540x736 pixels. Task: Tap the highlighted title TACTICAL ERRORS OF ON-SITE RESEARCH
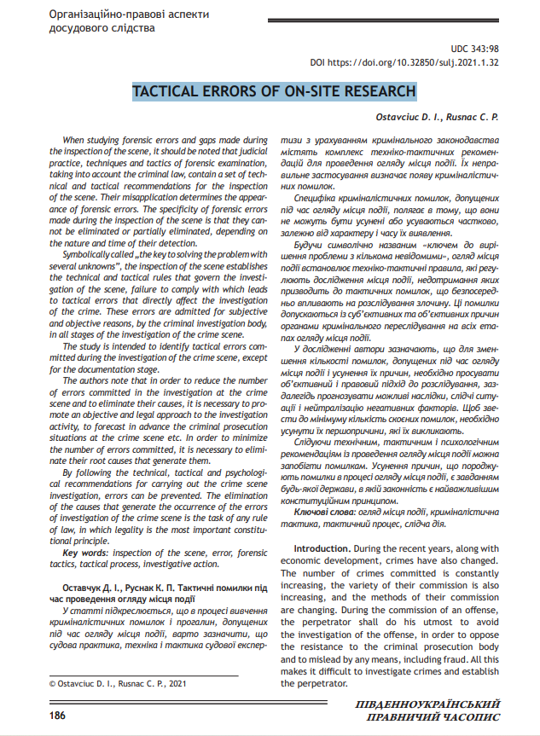pos(274,91)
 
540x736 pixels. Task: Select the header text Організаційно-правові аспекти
pos(130,15)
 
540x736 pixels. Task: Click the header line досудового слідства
pos(102,29)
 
